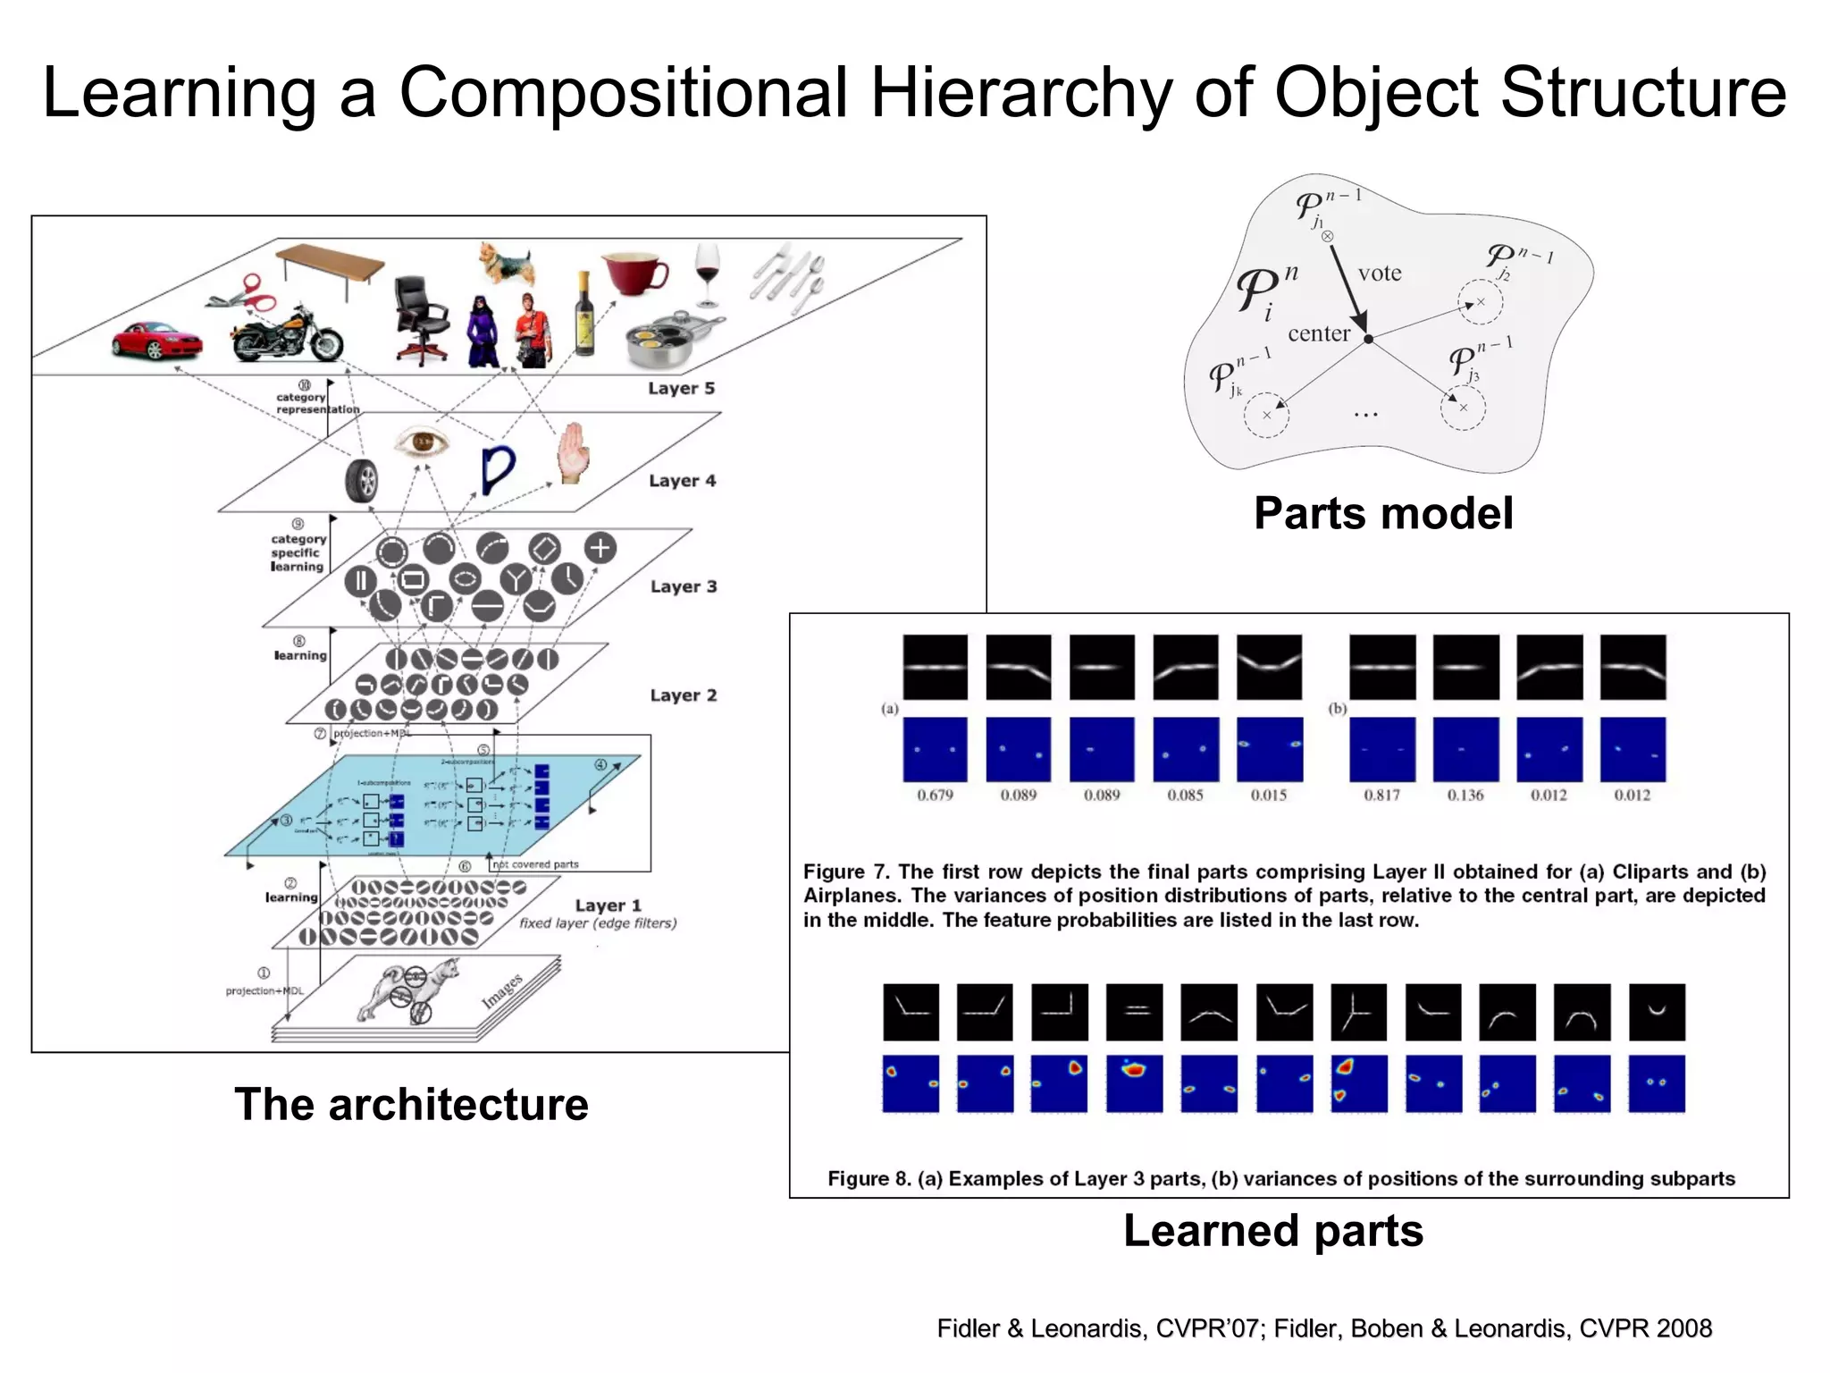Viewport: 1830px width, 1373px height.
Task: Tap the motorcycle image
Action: (x=286, y=336)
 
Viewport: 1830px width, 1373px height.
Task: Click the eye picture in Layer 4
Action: (x=421, y=442)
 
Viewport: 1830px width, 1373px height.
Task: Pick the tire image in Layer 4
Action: (x=362, y=480)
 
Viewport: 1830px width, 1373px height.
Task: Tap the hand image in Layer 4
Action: (x=573, y=453)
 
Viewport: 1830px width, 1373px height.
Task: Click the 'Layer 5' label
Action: (x=681, y=388)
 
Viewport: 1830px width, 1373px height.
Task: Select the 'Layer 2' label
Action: (x=683, y=695)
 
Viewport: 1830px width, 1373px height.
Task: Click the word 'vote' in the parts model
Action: (x=1379, y=274)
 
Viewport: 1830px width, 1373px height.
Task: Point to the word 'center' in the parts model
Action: (x=1319, y=333)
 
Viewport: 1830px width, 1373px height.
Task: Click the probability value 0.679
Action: (x=935, y=795)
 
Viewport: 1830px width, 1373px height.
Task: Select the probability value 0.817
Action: (x=1381, y=795)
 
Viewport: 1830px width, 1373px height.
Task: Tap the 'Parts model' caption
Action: (x=1383, y=513)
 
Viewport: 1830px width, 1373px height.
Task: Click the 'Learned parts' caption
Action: (x=1272, y=1230)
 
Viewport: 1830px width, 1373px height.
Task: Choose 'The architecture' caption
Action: (x=411, y=1104)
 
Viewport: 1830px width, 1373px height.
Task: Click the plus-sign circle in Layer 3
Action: (x=600, y=547)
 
